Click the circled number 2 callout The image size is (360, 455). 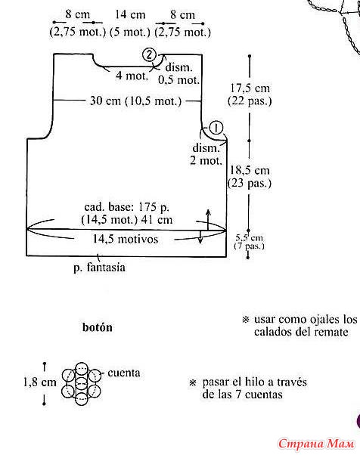tap(149, 55)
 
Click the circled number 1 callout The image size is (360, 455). tap(216, 128)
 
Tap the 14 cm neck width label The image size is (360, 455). tap(130, 14)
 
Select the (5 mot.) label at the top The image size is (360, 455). tap(130, 32)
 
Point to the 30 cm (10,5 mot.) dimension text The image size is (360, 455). tap(135, 101)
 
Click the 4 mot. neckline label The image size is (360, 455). tap(132, 76)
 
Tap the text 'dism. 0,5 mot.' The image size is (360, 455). tap(178, 74)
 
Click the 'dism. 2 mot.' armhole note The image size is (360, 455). tap(206, 154)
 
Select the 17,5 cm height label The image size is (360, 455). tap(250, 88)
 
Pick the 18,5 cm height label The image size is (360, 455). tap(250, 170)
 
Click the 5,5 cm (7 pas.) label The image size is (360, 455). tap(249, 242)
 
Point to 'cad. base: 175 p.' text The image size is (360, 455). tap(127, 207)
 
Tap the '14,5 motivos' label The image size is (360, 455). tap(126, 239)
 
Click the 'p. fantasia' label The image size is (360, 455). tap(99, 268)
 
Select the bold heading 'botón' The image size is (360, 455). tap(98, 327)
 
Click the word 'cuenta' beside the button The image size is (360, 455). tap(124, 373)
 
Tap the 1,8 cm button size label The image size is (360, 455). tap(40, 382)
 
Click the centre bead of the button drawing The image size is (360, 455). tap(81, 384)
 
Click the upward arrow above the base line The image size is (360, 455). tap(208, 220)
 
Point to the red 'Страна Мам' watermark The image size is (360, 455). tap(316, 444)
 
